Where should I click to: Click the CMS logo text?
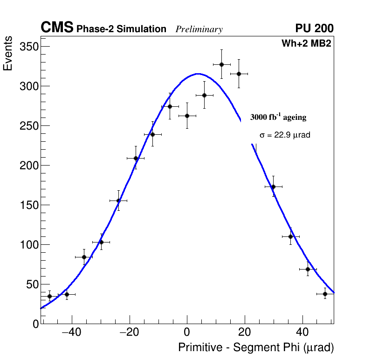point(57,28)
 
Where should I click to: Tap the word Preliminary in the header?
point(199,29)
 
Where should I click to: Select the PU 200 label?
point(314,28)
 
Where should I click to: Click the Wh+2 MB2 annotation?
point(306,44)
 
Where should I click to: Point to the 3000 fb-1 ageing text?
point(278,118)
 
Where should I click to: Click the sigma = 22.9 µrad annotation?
point(285,135)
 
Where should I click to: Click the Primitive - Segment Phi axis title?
point(256,348)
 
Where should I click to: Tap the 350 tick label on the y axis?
point(28,47)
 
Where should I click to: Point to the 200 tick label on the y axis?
point(28,166)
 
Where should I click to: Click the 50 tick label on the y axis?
point(31,284)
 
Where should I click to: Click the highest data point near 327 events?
point(221,64)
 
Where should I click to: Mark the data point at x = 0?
point(187,116)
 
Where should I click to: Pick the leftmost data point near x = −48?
point(49,296)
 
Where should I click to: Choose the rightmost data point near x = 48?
point(325,294)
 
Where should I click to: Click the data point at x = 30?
point(273,187)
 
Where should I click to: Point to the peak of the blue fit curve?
point(198,74)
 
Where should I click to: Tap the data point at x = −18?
point(136,158)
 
